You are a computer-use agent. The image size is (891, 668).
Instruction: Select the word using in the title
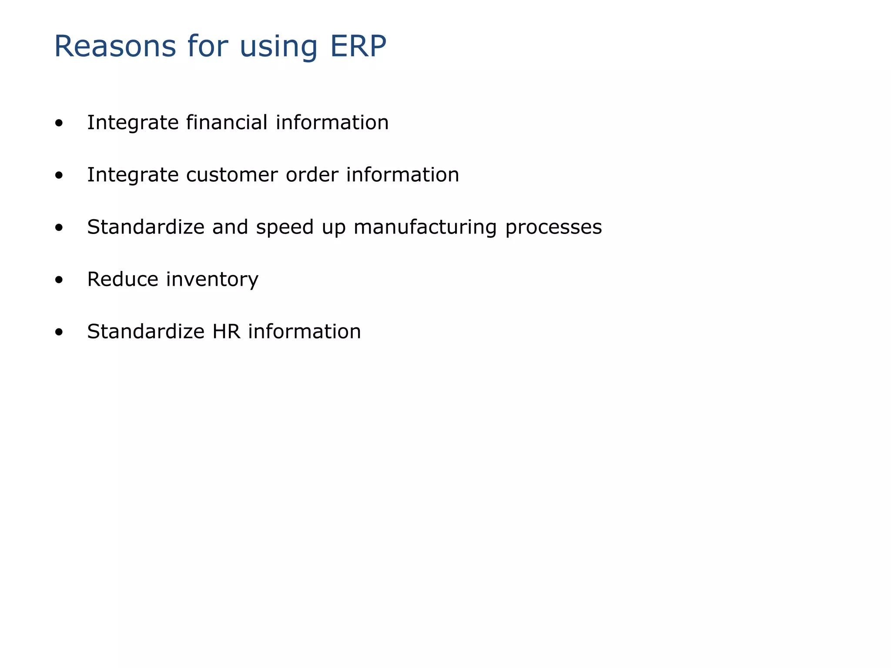tap(278, 47)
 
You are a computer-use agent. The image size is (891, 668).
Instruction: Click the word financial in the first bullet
tap(227, 122)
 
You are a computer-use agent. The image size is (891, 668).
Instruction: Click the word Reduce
tap(123, 279)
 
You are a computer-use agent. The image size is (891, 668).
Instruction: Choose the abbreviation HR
tap(226, 331)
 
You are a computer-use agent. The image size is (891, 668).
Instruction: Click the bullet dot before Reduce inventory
tap(59, 281)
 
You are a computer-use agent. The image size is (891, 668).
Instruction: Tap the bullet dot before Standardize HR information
tap(59, 333)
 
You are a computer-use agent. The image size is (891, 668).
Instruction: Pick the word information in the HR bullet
tap(305, 331)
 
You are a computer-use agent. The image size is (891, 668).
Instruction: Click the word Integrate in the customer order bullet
tap(133, 175)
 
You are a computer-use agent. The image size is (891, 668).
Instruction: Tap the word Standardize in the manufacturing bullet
tap(146, 227)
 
